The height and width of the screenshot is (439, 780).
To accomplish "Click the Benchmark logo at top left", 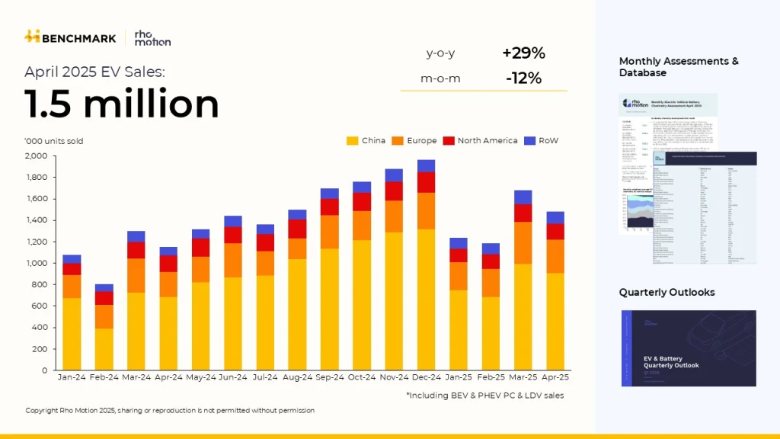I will [x=70, y=37].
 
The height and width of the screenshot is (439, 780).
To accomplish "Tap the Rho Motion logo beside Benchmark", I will [x=152, y=37].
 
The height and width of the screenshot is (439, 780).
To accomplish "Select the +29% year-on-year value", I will [x=523, y=53].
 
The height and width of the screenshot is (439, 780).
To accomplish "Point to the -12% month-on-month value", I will [x=523, y=79].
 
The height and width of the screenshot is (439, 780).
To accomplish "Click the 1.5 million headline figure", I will [x=122, y=104].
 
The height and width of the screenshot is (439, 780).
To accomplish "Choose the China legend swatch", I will [x=353, y=141].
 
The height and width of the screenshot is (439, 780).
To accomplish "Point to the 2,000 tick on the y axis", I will [x=37, y=156].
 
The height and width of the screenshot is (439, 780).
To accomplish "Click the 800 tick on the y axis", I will [x=40, y=285].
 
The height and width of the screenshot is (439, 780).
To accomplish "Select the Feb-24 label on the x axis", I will [x=104, y=377].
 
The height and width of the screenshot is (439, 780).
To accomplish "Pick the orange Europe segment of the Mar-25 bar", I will [x=523, y=243].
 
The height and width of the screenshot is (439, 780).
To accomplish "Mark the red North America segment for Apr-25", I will [x=555, y=232].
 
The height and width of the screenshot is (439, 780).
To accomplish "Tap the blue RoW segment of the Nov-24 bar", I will [x=394, y=175].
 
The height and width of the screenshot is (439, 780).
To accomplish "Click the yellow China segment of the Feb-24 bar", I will [x=104, y=349].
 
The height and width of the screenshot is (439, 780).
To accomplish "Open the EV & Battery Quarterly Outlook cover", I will [x=687, y=348].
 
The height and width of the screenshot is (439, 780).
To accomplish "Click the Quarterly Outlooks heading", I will [x=667, y=293].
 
